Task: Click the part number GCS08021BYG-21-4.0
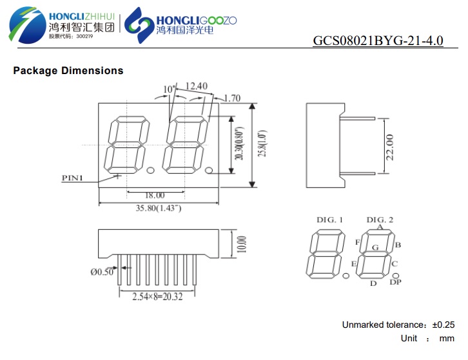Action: coord(378,41)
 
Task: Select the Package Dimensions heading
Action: coord(68,70)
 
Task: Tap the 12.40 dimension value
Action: coord(197,86)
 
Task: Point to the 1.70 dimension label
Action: coord(232,98)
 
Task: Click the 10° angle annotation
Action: coord(168,89)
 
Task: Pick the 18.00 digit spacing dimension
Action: coord(155,195)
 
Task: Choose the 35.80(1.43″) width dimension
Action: coord(159,208)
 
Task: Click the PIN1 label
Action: coord(72,178)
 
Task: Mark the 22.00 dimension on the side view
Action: coord(390,147)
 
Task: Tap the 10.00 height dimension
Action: coord(242,244)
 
